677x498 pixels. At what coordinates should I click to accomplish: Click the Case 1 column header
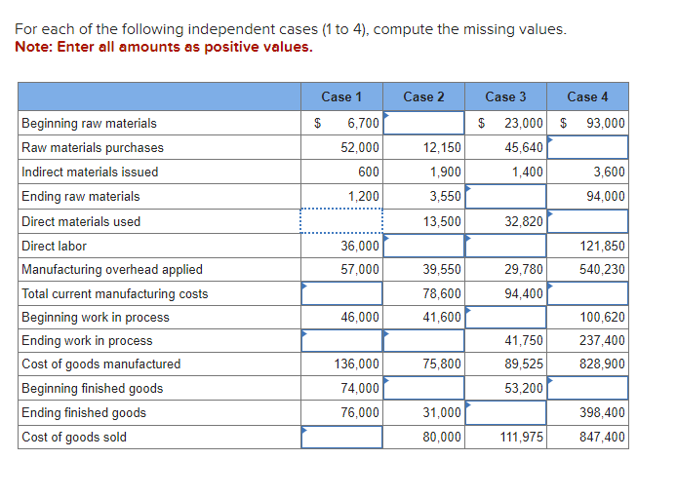341,96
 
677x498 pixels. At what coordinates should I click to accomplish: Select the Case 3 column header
505,96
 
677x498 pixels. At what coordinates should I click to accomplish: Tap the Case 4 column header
587,96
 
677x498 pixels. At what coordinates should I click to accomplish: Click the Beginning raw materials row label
89,124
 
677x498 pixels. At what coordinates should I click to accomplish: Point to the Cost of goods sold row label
74,438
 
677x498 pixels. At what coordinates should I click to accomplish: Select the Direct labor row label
55,247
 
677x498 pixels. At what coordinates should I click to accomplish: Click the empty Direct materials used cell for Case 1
341,221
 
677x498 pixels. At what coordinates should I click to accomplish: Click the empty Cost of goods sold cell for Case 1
341,438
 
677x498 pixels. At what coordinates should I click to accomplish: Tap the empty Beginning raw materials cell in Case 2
423,124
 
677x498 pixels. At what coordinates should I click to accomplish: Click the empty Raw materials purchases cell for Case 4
587,148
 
